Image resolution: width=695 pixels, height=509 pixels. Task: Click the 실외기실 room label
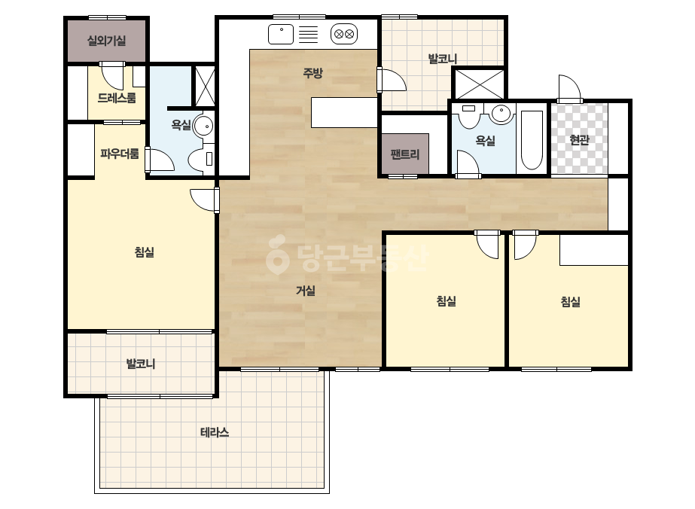coord(106,41)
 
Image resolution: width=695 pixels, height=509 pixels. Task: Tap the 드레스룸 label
coord(117,98)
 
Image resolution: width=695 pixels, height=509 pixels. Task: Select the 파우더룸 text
coord(119,154)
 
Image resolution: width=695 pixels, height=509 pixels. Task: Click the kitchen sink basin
coord(281,34)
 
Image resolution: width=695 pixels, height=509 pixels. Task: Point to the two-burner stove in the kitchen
coord(344,34)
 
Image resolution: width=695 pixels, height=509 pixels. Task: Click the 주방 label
coord(313,73)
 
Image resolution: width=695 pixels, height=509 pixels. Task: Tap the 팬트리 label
coord(404,154)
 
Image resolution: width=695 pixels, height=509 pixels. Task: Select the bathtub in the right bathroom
coord(532,140)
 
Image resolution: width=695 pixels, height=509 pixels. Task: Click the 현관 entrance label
coord(579,140)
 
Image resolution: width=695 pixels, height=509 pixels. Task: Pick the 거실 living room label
coord(306,291)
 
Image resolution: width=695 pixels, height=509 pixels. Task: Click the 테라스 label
coord(215,432)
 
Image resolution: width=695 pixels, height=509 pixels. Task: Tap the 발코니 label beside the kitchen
coord(442,59)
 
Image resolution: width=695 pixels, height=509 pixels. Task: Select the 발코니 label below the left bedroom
coord(141,364)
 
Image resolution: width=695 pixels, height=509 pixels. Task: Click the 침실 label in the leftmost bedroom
coord(145,252)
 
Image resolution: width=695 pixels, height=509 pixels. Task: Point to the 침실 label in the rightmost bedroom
coord(571,302)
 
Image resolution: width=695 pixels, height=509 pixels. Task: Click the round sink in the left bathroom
coord(203,126)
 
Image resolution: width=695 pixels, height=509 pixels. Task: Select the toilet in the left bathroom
coord(201,159)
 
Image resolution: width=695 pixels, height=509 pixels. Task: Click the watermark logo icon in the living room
coord(277,254)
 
